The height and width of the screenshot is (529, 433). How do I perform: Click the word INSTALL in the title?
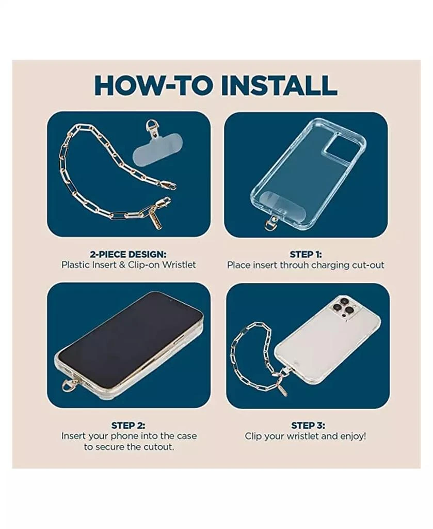click(x=279, y=85)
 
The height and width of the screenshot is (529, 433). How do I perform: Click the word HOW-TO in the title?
click(x=154, y=85)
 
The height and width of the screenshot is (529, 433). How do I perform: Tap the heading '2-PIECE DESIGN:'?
click(x=128, y=254)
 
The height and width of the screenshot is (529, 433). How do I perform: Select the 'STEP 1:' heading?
click(x=306, y=254)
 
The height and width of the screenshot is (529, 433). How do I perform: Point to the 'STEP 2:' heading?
click(x=129, y=425)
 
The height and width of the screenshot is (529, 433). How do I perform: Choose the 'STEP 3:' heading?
click(x=308, y=425)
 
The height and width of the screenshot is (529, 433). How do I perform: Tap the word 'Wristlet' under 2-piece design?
click(x=179, y=264)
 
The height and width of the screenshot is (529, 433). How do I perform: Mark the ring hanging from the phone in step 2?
click(x=67, y=384)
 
